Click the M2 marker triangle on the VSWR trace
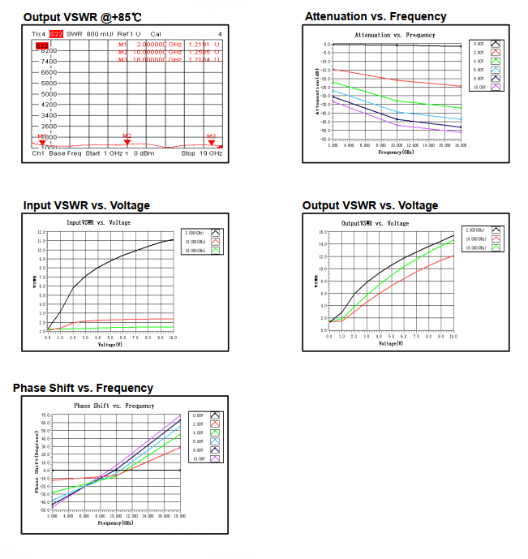(127, 142)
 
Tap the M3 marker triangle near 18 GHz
(212, 142)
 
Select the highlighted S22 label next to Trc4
(56, 34)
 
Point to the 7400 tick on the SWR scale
(47, 62)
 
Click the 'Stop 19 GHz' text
(200, 153)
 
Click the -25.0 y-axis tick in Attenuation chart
(324, 87)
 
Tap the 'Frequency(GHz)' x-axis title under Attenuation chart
(397, 152)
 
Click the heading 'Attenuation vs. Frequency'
(376, 16)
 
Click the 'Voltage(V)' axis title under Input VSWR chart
(109, 344)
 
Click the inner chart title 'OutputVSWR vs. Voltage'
(375, 223)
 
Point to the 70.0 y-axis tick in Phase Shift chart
(45, 415)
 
